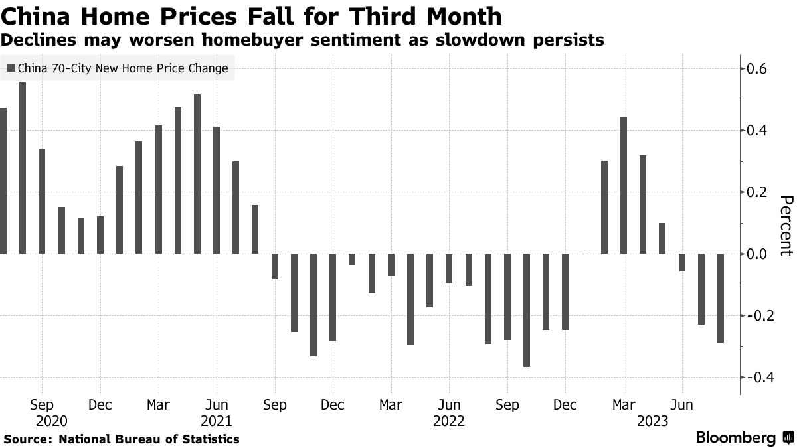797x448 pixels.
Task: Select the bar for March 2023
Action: [624, 185]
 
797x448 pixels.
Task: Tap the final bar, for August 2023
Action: [721, 298]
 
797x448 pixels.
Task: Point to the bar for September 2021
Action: [275, 266]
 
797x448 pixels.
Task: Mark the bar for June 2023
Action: [682, 263]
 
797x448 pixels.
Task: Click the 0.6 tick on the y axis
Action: [758, 69]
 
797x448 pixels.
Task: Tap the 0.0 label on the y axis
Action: [758, 254]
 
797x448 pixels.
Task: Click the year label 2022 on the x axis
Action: [449, 421]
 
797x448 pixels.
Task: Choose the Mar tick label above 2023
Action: [624, 404]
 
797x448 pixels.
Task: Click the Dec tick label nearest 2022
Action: [565, 404]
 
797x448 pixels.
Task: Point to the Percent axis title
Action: [786, 226]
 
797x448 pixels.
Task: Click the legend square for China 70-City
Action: [11, 68]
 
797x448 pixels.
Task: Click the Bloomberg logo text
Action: [735, 437]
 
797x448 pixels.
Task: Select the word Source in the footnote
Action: [27, 439]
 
